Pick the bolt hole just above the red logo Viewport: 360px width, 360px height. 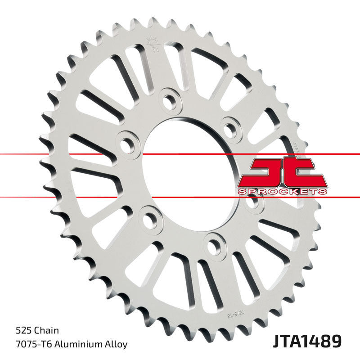[x=231, y=129]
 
